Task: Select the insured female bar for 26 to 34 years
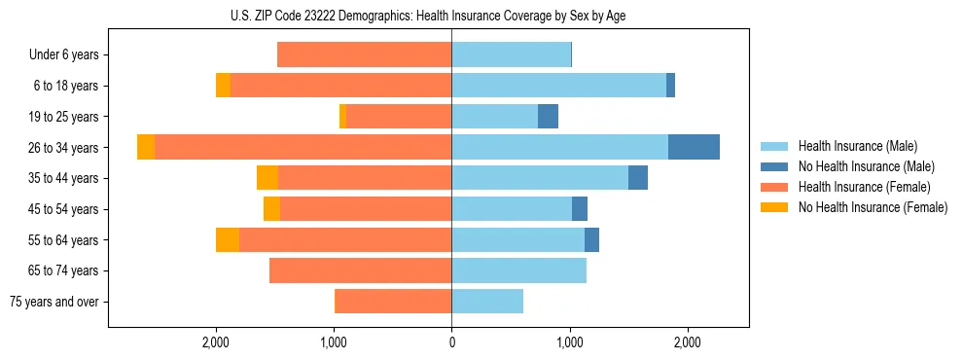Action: [303, 147]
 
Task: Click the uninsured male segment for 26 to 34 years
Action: [694, 147]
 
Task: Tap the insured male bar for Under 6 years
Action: [511, 54]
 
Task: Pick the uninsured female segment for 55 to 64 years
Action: [228, 239]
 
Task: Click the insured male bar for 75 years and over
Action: [487, 302]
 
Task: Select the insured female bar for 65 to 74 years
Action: [360, 270]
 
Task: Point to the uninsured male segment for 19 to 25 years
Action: [548, 116]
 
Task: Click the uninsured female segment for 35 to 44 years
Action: [267, 178]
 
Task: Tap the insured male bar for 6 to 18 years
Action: [558, 86]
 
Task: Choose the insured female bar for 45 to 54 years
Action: [366, 208]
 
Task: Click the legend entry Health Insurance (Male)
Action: [857, 146]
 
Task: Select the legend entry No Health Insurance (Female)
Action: [873, 207]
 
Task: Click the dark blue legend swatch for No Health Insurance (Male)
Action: [774, 166]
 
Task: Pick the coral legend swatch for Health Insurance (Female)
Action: [774, 187]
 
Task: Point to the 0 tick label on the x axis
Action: [451, 343]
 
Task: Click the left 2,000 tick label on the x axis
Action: [215, 343]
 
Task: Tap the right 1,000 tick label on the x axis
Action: [570, 343]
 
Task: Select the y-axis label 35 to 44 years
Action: [64, 178]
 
